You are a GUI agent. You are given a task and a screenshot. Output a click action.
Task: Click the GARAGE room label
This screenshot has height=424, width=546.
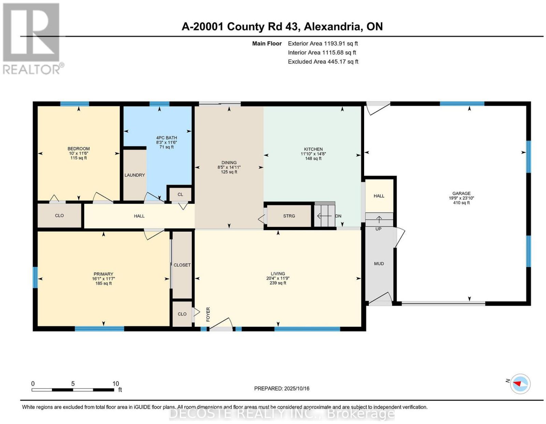pos(461,193)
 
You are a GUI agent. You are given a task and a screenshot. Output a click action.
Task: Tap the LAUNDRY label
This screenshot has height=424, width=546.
pos(135,175)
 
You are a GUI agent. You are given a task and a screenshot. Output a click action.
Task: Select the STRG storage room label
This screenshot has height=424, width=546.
pos(289,216)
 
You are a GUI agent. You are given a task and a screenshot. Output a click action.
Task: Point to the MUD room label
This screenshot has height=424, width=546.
pos(379,264)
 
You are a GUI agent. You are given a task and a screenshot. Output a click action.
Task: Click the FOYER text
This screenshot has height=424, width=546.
pos(208,314)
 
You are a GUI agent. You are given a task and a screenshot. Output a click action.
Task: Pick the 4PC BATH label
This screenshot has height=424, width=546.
pos(167,138)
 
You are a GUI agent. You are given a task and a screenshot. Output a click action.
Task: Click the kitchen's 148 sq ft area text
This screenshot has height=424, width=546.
pos(313,158)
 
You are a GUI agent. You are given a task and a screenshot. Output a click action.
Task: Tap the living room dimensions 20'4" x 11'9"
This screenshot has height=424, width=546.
pos(278,278)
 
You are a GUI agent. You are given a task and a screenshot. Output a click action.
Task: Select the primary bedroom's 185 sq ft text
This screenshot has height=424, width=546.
pos(103,283)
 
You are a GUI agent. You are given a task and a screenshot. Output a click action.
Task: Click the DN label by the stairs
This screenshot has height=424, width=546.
pos(338,216)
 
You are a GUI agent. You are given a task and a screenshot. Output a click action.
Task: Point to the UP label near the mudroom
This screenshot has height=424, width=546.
pos(378,229)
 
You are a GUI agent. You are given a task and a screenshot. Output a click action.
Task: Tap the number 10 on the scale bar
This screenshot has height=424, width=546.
pos(116,384)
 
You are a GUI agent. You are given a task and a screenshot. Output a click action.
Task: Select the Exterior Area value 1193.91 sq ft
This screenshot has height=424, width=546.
pos(341,43)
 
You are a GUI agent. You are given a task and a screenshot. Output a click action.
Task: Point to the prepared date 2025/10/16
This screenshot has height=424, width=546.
pos(297,389)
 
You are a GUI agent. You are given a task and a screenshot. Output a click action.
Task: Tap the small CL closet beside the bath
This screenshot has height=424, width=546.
pos(180,194)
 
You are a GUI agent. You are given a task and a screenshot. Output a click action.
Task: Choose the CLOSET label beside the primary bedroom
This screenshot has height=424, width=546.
pos(182,265)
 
